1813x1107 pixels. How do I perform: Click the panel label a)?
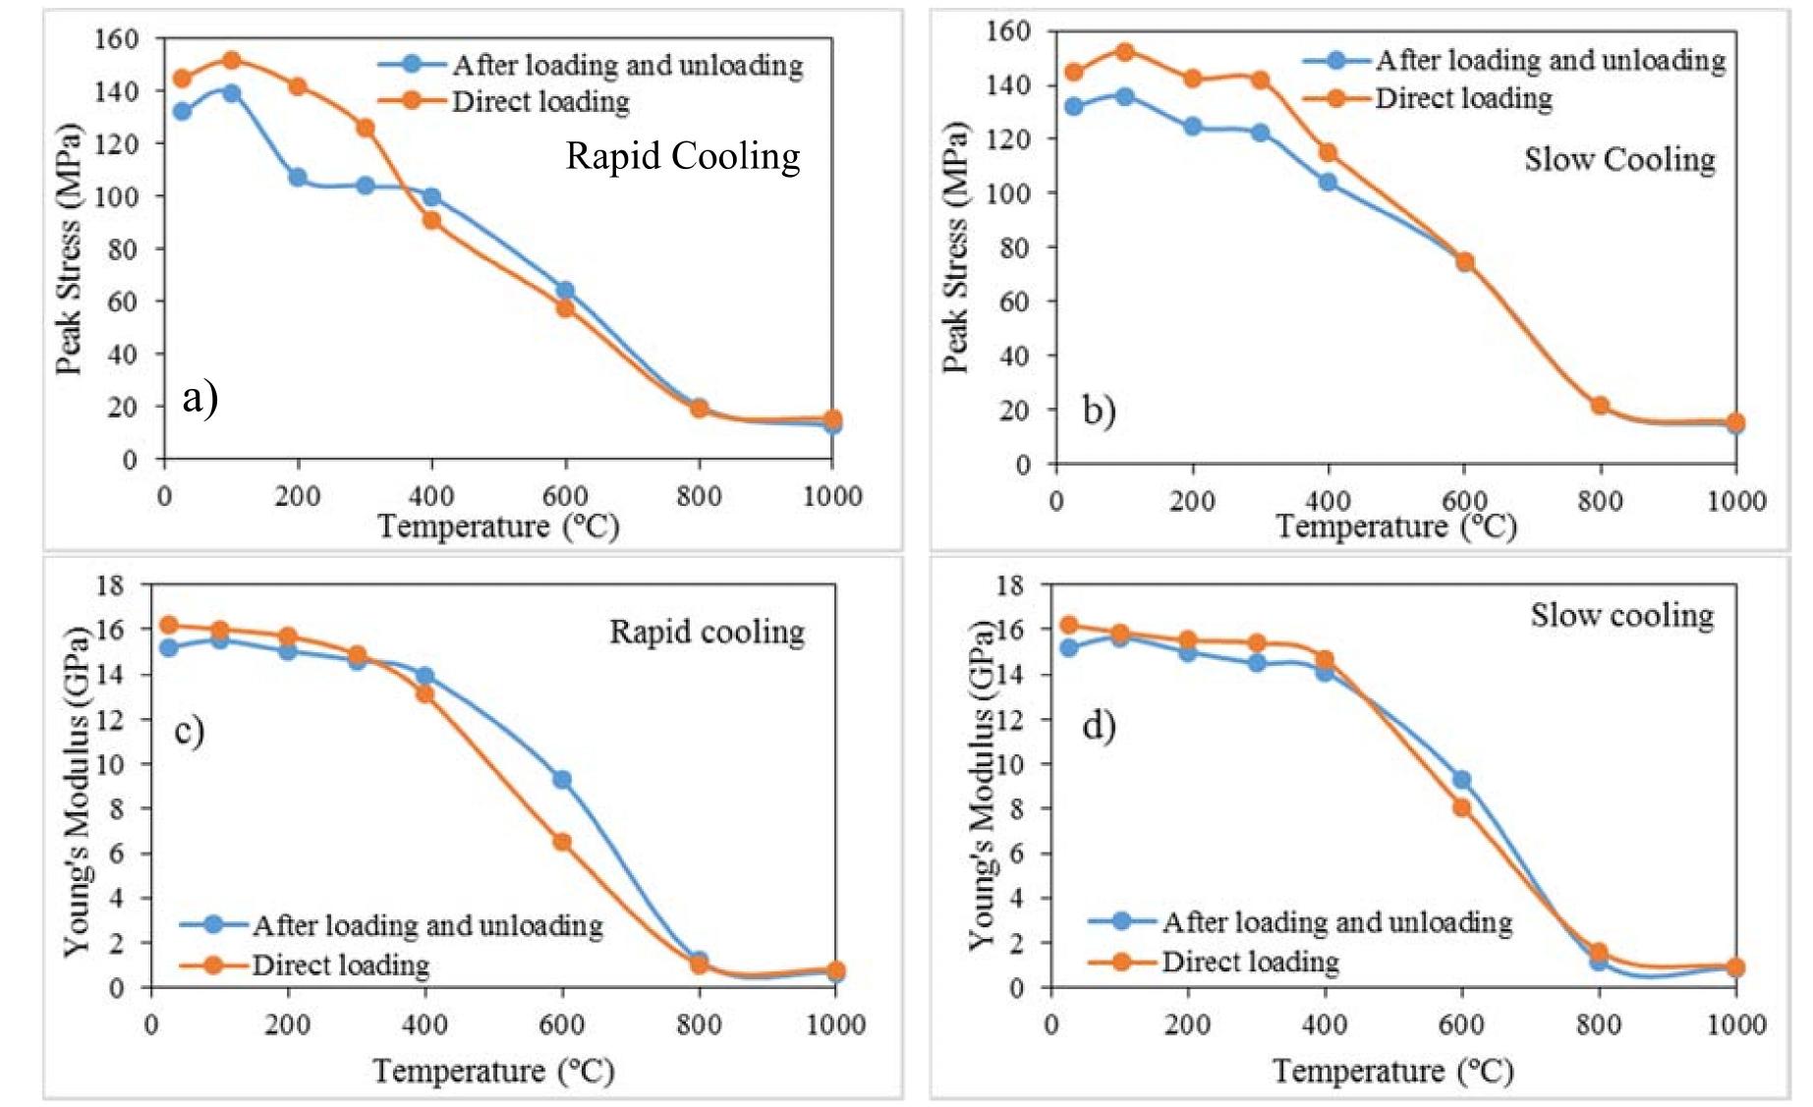click(199, 398)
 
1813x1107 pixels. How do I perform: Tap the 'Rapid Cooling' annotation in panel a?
click(682, 156)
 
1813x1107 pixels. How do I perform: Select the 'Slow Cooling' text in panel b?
click(1619, 159)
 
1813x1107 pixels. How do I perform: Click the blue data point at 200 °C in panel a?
click(298, 178)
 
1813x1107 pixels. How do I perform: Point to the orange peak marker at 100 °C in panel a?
click(232, 61)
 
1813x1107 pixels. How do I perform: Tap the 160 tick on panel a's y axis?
click(116, 39)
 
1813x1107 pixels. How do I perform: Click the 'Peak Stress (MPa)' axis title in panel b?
click(954, 248)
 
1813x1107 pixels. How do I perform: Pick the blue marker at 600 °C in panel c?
click(562, 780)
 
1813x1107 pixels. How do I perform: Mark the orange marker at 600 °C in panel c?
click(562, 842)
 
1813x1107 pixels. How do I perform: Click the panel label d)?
click(1099, 726)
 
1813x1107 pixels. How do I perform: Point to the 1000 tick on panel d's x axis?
click(1735, 1024)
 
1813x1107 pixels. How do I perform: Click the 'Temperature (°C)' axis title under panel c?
click(493, 1070)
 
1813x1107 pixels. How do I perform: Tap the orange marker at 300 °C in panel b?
click(1261, 81)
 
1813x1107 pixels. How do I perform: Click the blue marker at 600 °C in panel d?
click(1461, 780)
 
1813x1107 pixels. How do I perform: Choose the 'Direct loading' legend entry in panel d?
click(1249, 961)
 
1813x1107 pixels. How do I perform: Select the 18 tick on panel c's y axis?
click(111, 585)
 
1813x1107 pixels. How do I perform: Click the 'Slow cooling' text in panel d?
click(1621, 616)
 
